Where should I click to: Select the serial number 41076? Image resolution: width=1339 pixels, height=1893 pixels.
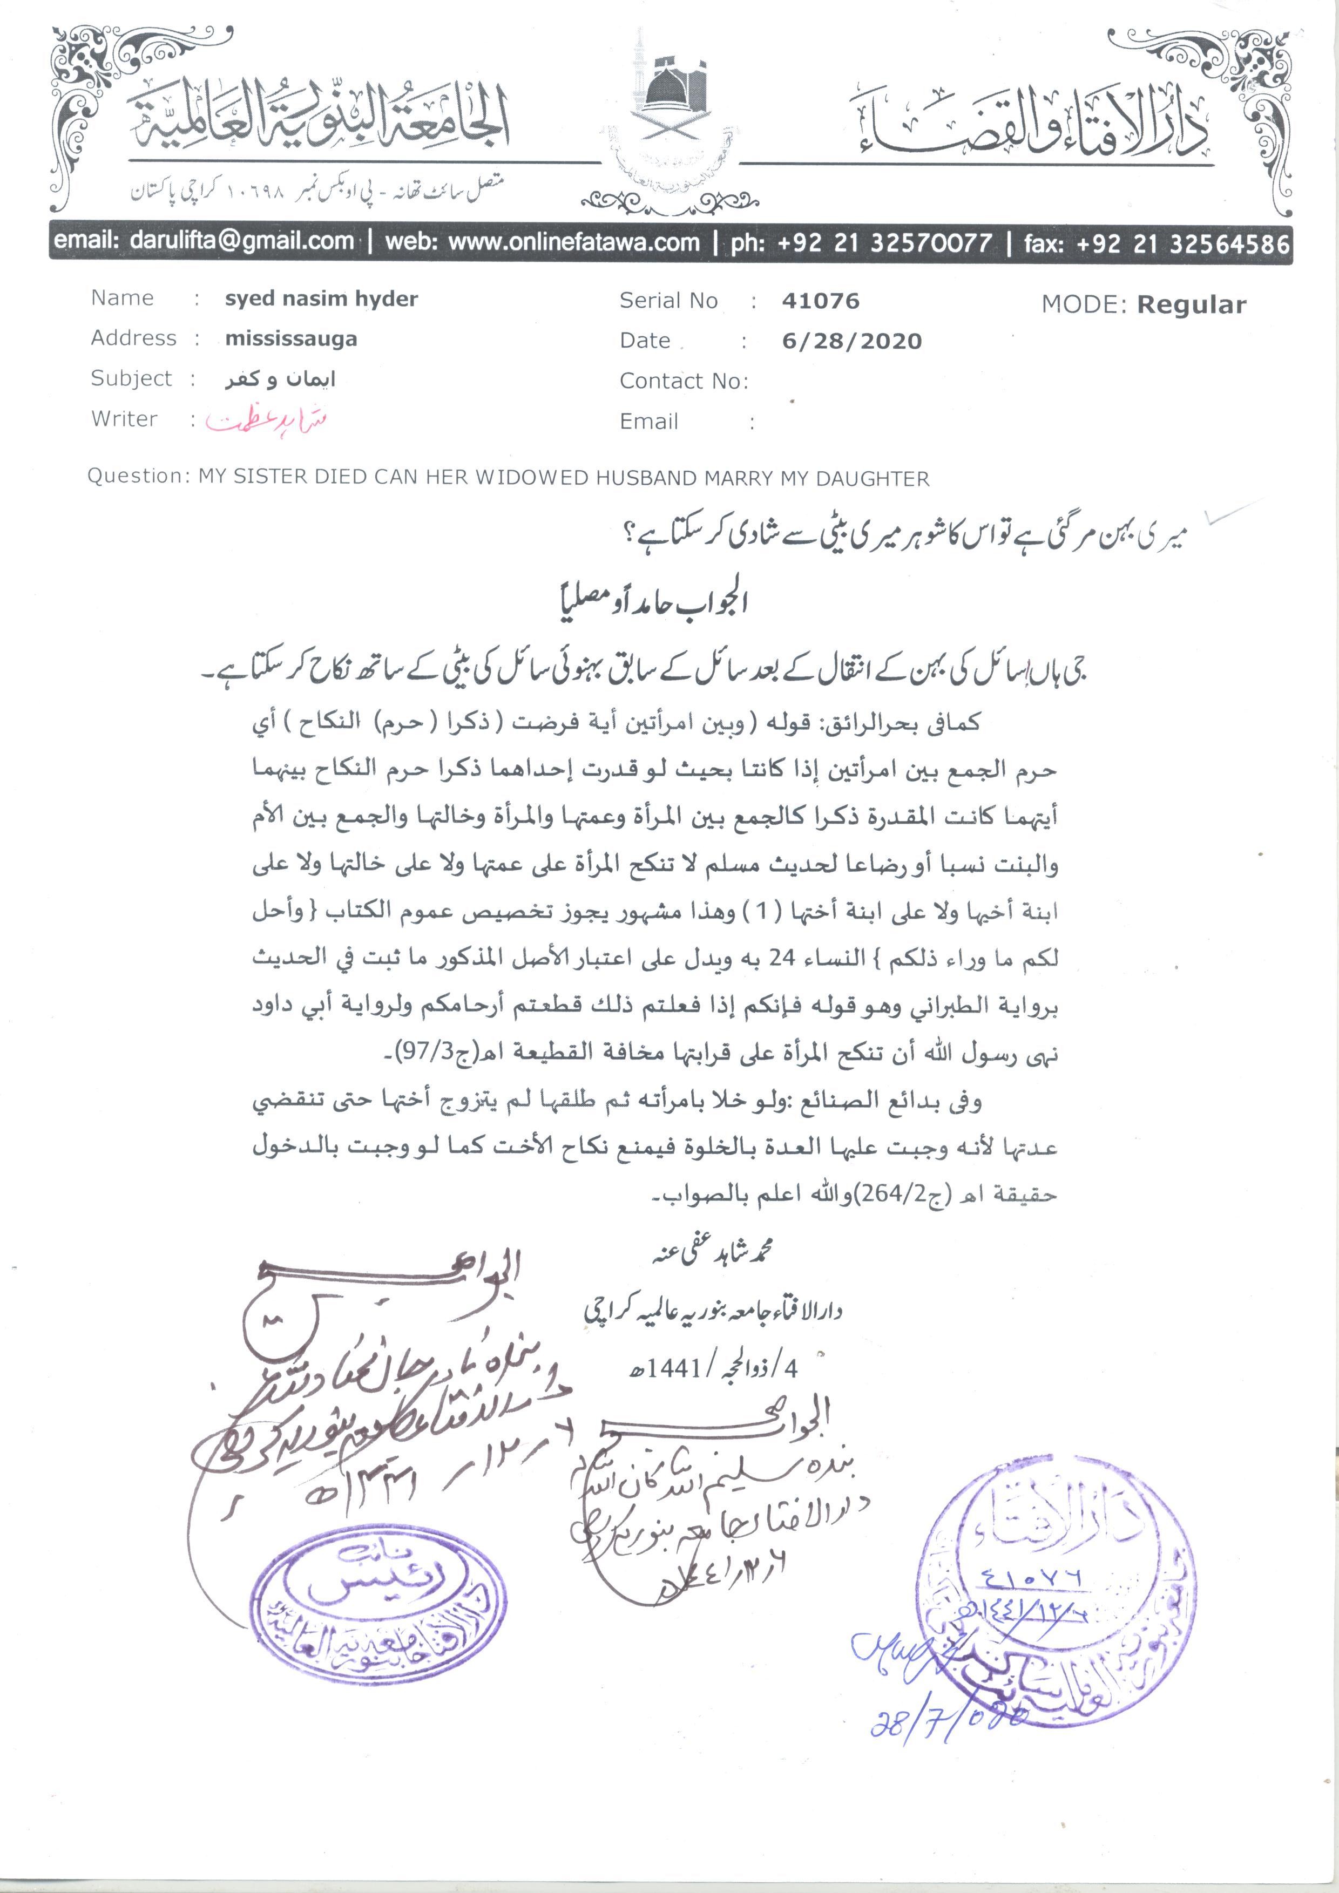point(820,302)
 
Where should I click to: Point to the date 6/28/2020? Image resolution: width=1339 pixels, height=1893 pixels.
point(851,341)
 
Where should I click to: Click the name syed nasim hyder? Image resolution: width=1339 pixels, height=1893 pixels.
point(321,298)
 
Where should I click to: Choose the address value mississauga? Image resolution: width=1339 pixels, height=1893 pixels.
point(291,339)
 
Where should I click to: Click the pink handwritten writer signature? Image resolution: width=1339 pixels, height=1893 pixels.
point(266,420)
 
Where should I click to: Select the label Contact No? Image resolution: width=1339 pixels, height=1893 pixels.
point(682,381)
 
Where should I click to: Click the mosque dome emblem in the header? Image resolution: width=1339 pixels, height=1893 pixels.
point(674,91)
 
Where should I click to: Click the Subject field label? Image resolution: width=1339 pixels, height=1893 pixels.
point(131,378)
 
